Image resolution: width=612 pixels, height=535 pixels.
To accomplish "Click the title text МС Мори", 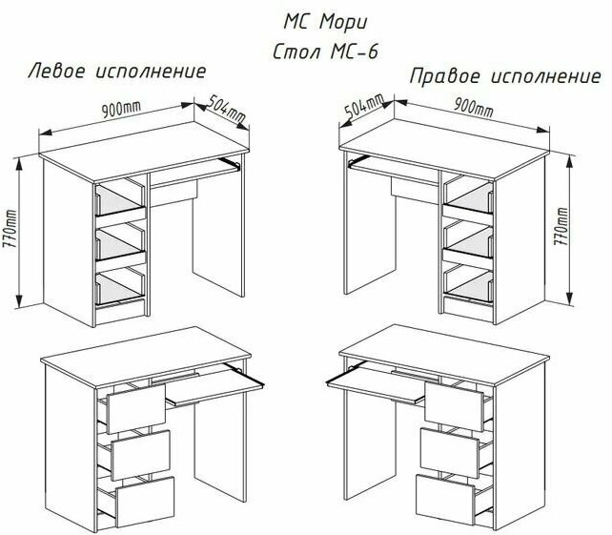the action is click(x=322, y=21).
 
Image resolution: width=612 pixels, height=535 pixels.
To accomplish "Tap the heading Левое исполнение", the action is click(x=118, y=72).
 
